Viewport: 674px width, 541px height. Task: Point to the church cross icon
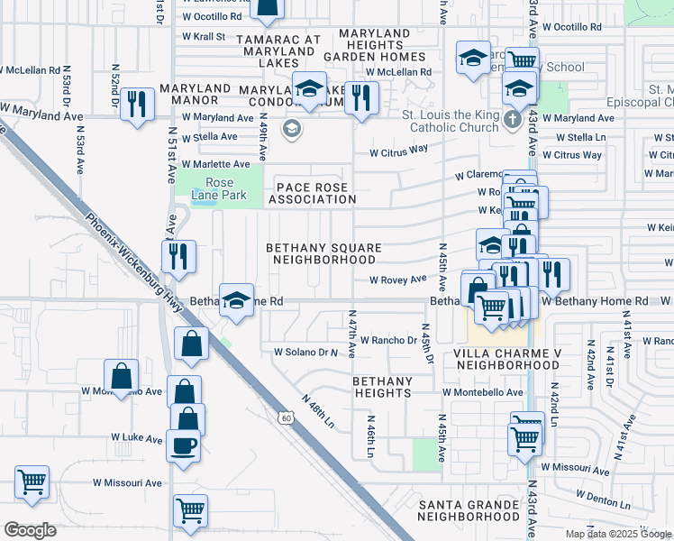513,119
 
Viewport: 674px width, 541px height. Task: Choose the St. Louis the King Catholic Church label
450,121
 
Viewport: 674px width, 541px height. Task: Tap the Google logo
30,530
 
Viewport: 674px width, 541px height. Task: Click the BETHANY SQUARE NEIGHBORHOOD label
323,253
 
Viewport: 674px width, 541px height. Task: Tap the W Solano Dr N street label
305,352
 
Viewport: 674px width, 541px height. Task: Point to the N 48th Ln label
318,410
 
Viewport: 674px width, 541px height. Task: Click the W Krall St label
203,37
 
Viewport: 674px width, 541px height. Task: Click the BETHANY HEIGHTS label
382,388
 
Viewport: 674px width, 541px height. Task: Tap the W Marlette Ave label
215,164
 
